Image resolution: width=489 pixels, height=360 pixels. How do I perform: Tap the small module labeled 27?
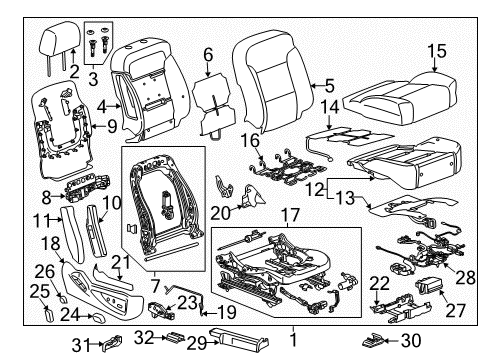[x=431, y=289]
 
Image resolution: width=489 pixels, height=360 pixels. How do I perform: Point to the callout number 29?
[x=196, y=342]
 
